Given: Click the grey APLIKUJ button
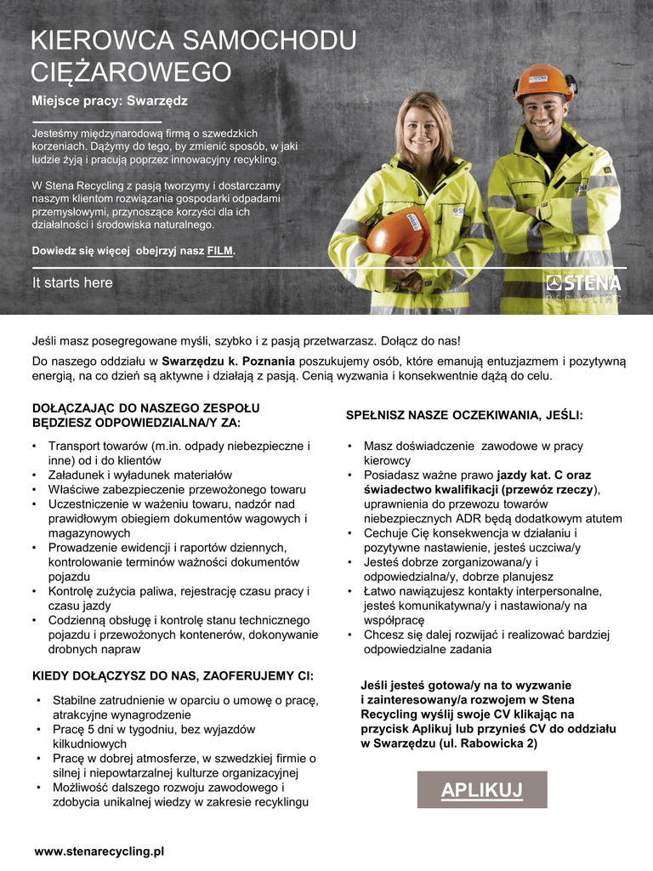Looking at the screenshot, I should [x=481, y=790].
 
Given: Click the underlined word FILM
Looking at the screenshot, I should [x=220, y=251].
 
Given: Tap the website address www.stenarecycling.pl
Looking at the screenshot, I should [x=99, y=851].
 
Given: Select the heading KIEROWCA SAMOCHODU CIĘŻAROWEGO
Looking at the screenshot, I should [x=193, y=55].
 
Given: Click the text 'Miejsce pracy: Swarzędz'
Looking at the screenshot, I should [x=110, y=101].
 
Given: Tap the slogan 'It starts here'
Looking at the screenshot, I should [x=72, y=282].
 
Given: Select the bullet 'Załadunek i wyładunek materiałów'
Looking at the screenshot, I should [x=139, y=475].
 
